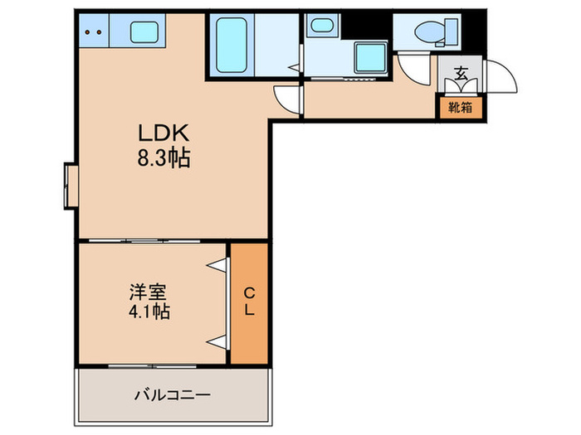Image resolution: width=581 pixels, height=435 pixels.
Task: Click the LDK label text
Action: click(x=164, y=133)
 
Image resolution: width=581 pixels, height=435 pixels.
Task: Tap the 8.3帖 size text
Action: click(x=164, y=157)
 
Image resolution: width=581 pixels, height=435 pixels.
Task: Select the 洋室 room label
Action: click(x=149, y=292)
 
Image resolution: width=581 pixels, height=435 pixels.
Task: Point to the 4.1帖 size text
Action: click(x=149, y=312)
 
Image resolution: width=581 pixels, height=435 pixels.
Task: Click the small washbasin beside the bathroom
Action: click(x=321, y=26)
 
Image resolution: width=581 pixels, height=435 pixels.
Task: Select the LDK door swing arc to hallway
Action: click(x=286, y=100)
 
